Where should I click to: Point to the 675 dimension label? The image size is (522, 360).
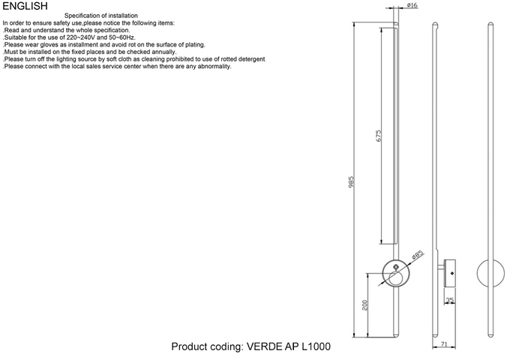(x=379, y=136)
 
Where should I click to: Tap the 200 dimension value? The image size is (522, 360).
(x=366, y=306)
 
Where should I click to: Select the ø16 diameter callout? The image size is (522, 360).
(x=412, y=6)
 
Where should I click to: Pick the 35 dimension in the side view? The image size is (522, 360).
(x=450, y=300)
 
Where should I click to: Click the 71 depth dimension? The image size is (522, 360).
(x=443, y=345)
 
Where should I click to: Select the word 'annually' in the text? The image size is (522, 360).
(x=161, y=52)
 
